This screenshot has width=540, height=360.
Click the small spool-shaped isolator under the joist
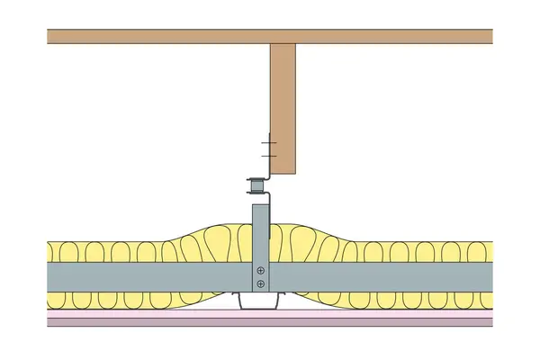click(256, 188)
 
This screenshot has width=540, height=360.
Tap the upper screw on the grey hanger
click(260, 270)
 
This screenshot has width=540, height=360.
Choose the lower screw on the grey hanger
click(260, 284)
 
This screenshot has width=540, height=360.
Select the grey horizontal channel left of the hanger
click(144, 276)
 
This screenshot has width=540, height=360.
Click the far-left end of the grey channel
click(51, 276)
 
